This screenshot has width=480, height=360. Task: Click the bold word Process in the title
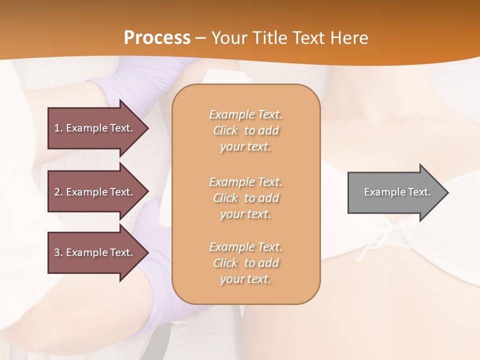pyautogui.click(x=157, y=38)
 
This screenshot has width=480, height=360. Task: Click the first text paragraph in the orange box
pyautogui.click(x=245, y=130)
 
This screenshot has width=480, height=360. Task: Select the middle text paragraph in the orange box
pyautogui.click(x=245, y=198)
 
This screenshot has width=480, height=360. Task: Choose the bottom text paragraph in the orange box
pyautogui.click(x=245, y=263)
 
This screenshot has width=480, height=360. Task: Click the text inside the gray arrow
pyautogui.click(x=397, y=192)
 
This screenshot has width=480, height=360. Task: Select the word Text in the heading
pyautogui.click(x=307, y=38)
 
